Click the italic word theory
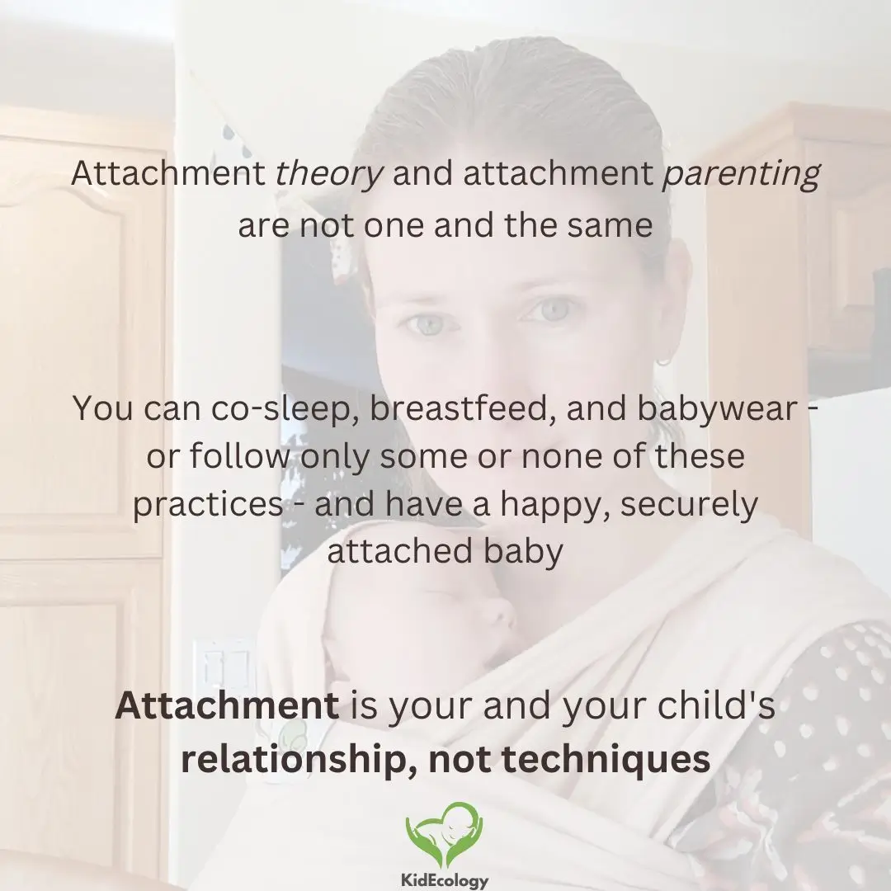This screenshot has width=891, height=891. click(x=329, y=174)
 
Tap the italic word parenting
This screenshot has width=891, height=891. click(x=741, y=174)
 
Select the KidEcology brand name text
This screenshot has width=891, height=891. click(x=445, y=879)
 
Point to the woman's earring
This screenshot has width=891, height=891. click(x=662, y=361)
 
